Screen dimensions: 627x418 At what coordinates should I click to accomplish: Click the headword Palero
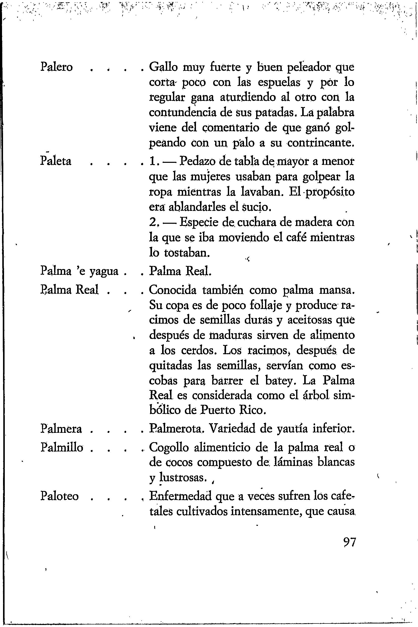(x=56, y=67)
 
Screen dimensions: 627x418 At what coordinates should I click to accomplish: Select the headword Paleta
(x=56, y=161)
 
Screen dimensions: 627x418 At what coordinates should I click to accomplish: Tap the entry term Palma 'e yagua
(x=79, y=271)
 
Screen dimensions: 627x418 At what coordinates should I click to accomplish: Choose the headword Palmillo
(x=62, y=447)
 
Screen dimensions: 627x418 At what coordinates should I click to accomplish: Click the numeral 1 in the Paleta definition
(x=152, y=161)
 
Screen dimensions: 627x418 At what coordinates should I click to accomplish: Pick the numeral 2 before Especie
(x=153, y=222)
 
